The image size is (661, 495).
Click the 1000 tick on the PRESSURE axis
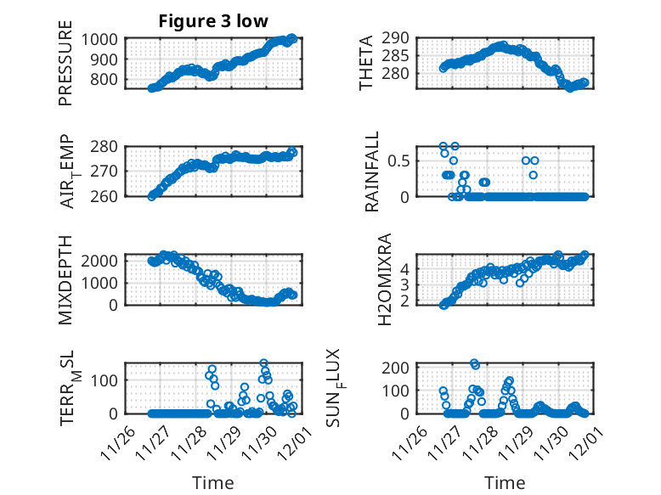point(103,39)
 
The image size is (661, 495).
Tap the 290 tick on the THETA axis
point(401,38)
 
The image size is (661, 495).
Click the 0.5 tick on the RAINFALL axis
point(401,160)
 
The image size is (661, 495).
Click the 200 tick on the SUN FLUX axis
point(401,367)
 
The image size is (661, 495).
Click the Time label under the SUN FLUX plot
point(505,482)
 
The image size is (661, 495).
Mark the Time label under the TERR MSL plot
point(212,482)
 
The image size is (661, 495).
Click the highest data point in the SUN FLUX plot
point(473,363)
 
